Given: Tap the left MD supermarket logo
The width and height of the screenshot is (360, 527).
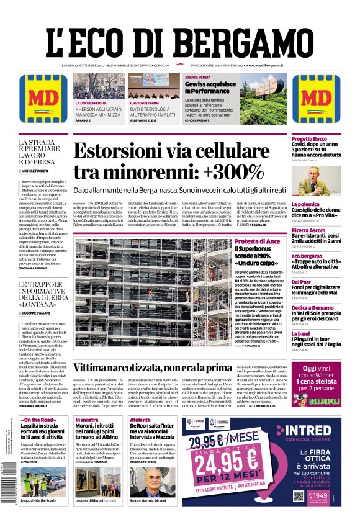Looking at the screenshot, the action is [x=43, y=97].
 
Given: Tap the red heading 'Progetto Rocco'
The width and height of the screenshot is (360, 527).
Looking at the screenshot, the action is [x=309, y=138].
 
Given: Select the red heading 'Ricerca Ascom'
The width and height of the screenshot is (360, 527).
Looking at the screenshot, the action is [x=309, y=230].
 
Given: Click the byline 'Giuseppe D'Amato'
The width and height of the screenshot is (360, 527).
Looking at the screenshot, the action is [x=43, y=314].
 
